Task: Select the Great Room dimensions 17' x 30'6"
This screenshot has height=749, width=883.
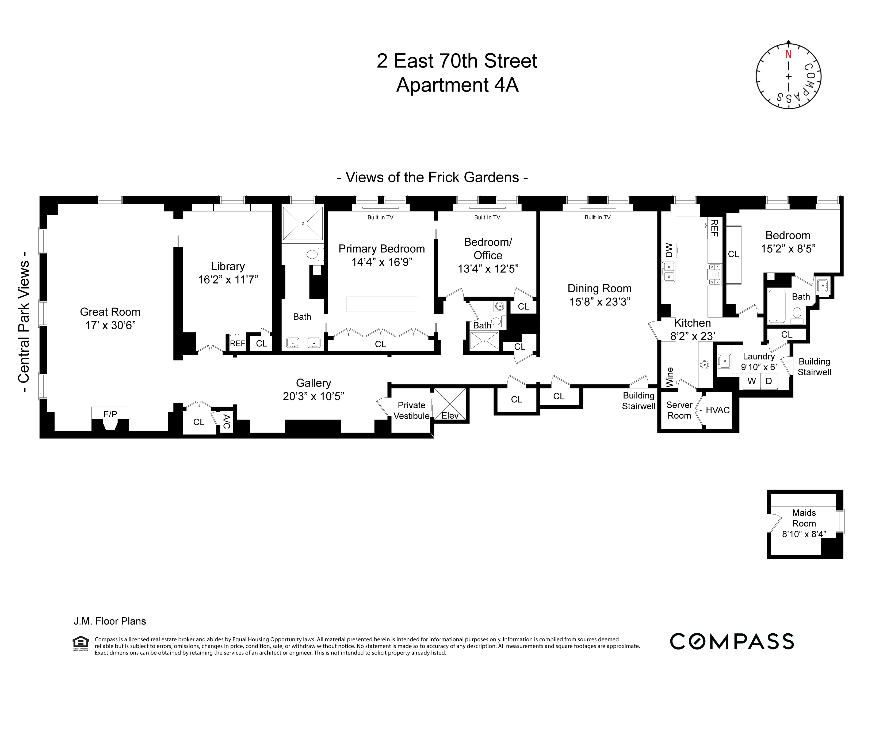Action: (x=110, y=325)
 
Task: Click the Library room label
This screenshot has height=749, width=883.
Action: (x=228, y=266)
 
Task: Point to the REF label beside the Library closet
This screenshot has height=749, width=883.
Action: (x=237, y=343)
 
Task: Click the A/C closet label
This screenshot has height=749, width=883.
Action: (x=227, y=422)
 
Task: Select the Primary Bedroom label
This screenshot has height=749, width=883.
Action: (x=381, y=249)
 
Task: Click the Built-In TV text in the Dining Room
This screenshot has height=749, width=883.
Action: (x=597, y=217)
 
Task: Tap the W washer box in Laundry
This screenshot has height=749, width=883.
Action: (x=751, y=381)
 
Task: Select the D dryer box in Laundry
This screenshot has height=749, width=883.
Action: (x=769, y=381)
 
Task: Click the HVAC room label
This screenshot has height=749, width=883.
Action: (x=717, y=410)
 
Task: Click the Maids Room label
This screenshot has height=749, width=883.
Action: (x=804, y=518)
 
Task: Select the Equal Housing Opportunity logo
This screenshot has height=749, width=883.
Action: (x=81, y=643)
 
